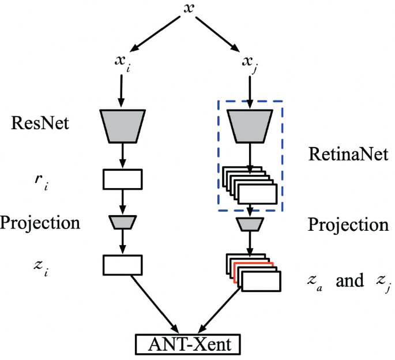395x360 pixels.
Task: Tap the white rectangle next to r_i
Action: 122,179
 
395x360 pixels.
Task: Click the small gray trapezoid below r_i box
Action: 122,222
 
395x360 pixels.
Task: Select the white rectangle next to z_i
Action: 122,265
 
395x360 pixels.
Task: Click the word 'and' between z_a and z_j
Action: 351,280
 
